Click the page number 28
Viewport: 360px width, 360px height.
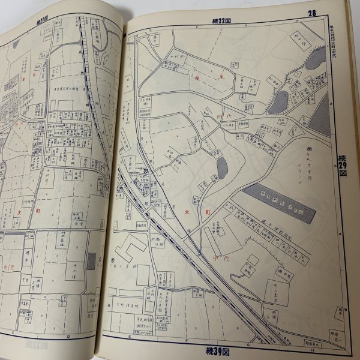tap(312, 13)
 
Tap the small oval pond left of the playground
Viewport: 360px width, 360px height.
tap(222, 169)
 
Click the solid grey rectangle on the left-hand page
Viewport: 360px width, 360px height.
tap(91, 261)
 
